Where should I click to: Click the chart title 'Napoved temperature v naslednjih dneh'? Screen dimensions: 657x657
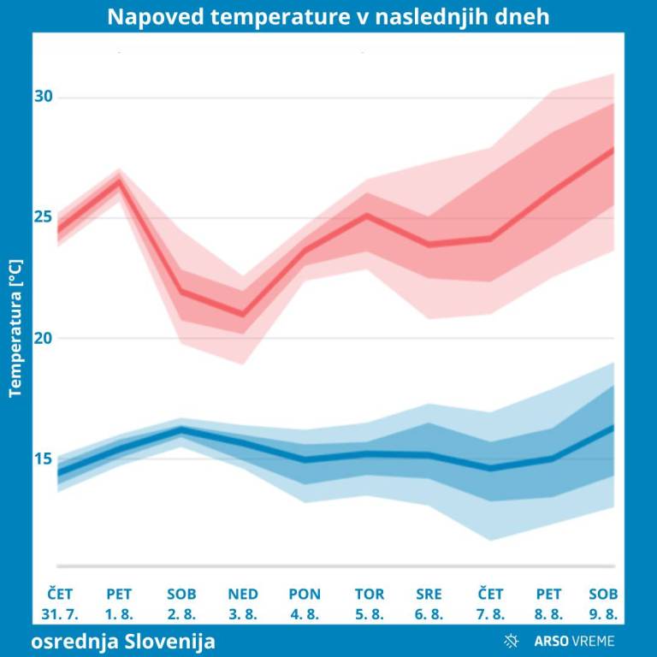(x=328, y=17)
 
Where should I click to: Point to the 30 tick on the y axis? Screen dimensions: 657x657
(x=44, y=97)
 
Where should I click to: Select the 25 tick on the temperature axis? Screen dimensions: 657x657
(x=44, y=217)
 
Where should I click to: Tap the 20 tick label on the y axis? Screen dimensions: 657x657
(x=44, y=338)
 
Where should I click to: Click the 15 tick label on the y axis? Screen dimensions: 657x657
(x=44, y=459)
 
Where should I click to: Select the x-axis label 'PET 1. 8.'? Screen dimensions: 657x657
(x=120, y=604)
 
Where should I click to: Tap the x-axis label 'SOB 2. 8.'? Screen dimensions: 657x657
(x=181, y=604)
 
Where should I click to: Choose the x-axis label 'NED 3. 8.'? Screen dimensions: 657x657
(x=243, y=604)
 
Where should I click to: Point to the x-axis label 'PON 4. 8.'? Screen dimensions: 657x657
(x=305, y=604)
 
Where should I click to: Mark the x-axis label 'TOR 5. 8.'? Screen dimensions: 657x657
(x=369, y=604)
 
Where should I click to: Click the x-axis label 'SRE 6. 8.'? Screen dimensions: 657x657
(x=429, y=604)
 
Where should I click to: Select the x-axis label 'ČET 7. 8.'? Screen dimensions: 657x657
(x=490, y=604)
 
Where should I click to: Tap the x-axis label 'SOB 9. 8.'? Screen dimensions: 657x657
(x=604, y=604)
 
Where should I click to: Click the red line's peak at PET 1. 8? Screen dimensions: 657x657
(x=120, y=181)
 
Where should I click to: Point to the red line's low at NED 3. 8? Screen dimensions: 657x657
(x=243, y=315)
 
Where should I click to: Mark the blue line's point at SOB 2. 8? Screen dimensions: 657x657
(x=181, y=429)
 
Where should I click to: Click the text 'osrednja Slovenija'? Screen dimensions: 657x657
(x=125, y=641)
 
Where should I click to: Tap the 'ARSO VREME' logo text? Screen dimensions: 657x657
(x=574, y=641)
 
